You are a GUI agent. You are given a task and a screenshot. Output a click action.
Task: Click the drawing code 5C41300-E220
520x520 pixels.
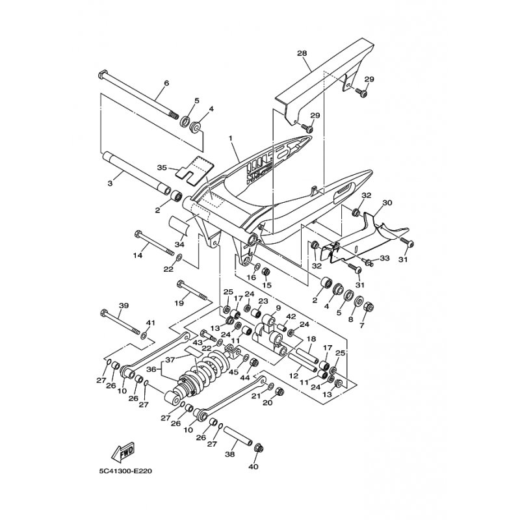click(x=125, y=471)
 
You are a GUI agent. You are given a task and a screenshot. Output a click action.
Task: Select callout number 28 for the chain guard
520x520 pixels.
click(x=302, y=53)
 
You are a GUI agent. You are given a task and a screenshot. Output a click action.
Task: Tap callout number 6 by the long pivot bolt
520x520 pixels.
click(x=166, y=83)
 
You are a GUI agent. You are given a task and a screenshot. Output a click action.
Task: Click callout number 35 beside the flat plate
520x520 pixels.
click(x=162, y=168)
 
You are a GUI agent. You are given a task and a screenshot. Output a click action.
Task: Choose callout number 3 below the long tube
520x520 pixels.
click(x=110, y=183)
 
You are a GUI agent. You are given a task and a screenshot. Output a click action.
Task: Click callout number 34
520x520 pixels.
click(x=179, y=244)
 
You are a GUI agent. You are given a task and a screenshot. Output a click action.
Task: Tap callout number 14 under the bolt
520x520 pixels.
click(x=138, y=255)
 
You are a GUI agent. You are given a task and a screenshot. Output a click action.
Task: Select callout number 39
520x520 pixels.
click(x=123, y=305)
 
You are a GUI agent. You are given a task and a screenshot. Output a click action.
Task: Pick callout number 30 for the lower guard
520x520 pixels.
click(x=387, y=203)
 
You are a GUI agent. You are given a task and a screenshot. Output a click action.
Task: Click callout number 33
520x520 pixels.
click(x=384, y=257)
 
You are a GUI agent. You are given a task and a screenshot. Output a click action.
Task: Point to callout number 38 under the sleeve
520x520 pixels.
click(x=230, y=454)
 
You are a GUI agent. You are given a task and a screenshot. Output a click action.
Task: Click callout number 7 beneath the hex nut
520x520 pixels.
click(x=361, y=326)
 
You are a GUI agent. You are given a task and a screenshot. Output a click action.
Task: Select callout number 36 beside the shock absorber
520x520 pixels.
click(x=151, y=369)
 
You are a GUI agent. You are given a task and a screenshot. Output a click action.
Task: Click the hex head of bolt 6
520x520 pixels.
click(x=103, y=74)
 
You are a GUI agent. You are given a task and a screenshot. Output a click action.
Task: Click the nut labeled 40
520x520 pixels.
click(x=257, y=448)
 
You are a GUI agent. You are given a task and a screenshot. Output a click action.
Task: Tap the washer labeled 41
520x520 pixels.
click(x=144, y=336)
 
